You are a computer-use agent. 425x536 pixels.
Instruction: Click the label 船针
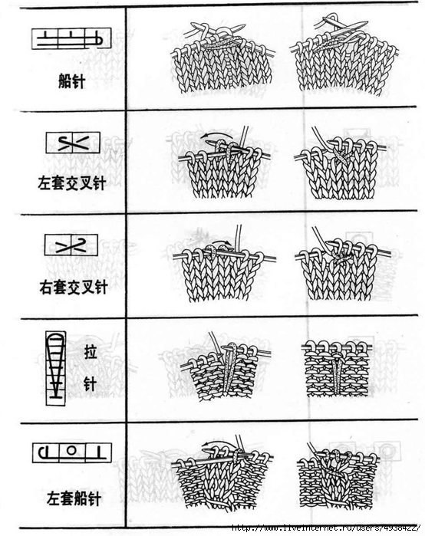coord(71,82)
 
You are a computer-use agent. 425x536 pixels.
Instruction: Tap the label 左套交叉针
coord(72,183)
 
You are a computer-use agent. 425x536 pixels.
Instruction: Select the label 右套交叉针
coord(74,287)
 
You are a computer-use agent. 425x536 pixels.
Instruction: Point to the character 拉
coord(90,353)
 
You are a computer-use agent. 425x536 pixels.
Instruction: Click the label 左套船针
coord(74,498)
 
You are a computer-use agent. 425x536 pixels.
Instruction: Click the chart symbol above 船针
coord(71,38)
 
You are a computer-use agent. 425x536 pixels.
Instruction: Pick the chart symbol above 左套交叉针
coord(73,142)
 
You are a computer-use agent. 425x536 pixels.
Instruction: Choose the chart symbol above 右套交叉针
coord(71,245)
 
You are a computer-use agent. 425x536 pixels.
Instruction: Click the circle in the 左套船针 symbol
coord(71,450)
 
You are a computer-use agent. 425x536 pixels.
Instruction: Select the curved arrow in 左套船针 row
coord(218,444)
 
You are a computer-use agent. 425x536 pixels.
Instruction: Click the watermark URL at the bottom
coord(326,528)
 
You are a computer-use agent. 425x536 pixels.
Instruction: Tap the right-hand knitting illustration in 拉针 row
coord(337,368)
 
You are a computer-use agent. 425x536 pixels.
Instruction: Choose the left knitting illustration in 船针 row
coord(223,58)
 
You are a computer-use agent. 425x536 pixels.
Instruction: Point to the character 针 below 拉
coord(90,384)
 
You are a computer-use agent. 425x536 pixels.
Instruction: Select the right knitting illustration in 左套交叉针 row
coord(341,163)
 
